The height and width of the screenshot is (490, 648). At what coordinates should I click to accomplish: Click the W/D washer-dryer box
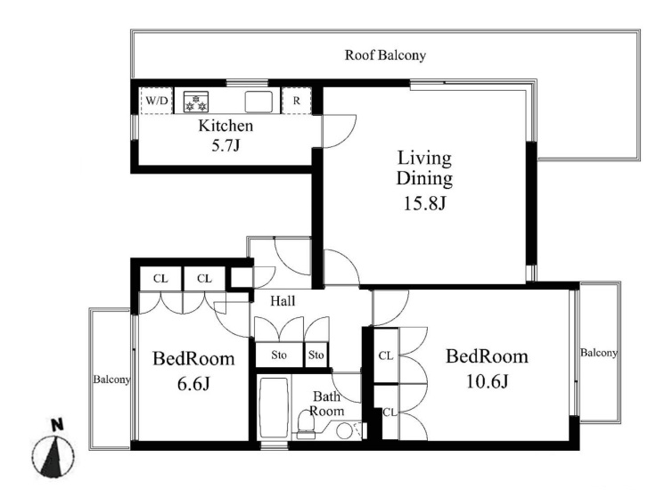pyautogui.click(x=156, y=101)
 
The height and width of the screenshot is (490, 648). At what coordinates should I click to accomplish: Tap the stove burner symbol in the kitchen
pyautogui.click(x=196, y=102)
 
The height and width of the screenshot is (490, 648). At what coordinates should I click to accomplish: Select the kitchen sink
pyautogui.click(x=258, y=102)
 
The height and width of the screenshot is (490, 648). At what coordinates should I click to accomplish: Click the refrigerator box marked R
pyautogui.click(x=296, y=101)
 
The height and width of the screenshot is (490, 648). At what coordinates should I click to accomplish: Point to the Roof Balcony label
pyautogui.click(x=385, y=55)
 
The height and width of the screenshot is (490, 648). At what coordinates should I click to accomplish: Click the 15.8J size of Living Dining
pyautogui.click(x=424, y=204)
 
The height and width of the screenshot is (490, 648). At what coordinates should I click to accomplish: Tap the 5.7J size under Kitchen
pyautogui.click(x=226, y=145)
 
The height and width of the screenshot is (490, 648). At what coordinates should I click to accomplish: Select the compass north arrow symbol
pyautogui.click(x=53, y=455)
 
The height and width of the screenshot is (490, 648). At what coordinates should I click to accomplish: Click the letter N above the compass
pyautogui.click(x=57, y=425)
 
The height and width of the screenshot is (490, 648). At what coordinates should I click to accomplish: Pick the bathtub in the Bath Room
pyautogui.click(x=273, y=408)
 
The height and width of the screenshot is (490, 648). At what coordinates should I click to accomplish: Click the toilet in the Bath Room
pyautogui.click(x=307, y=426)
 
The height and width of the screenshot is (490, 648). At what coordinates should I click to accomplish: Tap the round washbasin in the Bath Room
pyautogui.click(x=344, y=431)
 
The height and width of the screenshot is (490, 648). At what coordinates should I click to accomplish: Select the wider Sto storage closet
pyautogui.click(x=279, y=355)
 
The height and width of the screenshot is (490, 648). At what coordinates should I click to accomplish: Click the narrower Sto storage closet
pyautogui.click(x=316, y=355)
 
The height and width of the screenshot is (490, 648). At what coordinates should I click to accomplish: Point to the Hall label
pyautogui.click(x=283, y=301)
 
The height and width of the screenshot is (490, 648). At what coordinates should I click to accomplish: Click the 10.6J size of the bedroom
pyautogui.click(x=488, y=381)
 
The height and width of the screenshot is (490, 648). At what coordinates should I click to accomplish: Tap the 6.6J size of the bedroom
pyautogui.click(x=193, y=384)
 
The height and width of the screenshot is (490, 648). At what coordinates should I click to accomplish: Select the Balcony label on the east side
pyautogui.click(x=599, y=353)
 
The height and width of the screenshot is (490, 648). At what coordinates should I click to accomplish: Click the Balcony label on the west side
pyautogui.click(x=111, y=380)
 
